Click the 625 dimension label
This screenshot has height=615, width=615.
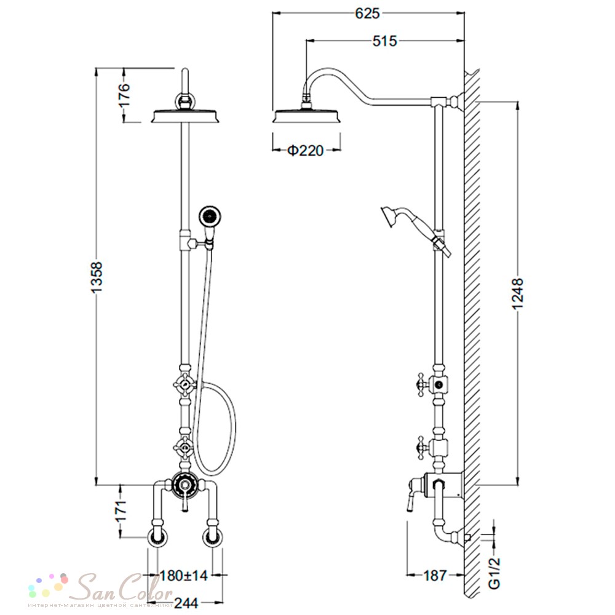pyautogui.click(x=368, y=14)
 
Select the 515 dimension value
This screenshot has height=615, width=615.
pyautogui.click(x=385, y=41)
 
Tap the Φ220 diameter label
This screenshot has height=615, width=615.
pyautogui.click(x=306, y=150)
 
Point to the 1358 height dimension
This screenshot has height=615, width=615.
pyautogui.click(x=97, y=277)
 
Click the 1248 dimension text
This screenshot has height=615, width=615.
pyautogui.click(x=518, y=294)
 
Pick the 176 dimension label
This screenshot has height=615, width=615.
pyautogui.click(x=124, y=95)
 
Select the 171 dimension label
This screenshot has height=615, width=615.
pyautogui.click(x=121, y=510)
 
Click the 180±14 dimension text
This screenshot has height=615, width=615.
pyautogui.click(x=183, y=576)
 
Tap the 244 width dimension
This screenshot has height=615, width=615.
pyautogui.click(x=186, y=603)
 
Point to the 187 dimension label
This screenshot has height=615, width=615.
pyautogui.click(x=435, y=576)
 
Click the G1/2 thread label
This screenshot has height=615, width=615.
pyautogui.click(x=495, y=573)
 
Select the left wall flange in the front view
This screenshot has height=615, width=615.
pyautogui.click(x=159, y=538)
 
